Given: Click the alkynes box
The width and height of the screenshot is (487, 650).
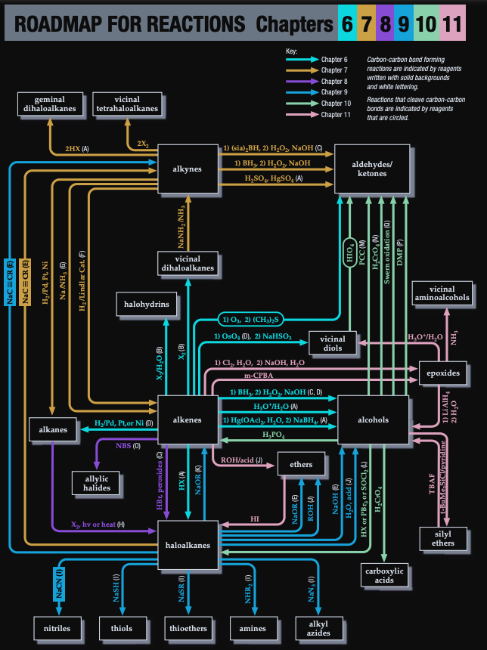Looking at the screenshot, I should pos(188,168).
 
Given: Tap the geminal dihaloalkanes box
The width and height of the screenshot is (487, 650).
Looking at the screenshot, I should pos(49,104).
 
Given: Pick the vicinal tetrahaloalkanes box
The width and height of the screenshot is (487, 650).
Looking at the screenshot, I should pos(127,104).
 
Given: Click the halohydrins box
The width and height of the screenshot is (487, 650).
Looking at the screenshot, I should pos(147,305).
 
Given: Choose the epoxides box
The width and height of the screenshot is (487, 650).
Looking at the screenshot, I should pos(442,373).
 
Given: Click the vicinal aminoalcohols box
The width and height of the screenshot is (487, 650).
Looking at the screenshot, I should pos(442,293).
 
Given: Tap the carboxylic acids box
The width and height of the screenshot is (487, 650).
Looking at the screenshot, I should pos(384,575).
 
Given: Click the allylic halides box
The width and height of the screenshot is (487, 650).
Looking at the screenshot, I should pos(97,482).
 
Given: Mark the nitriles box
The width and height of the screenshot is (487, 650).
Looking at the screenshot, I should pos(57,628).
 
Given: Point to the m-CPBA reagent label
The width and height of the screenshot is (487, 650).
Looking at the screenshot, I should pos(258,375).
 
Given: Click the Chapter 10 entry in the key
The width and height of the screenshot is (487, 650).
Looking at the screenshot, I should pos(333,103).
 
